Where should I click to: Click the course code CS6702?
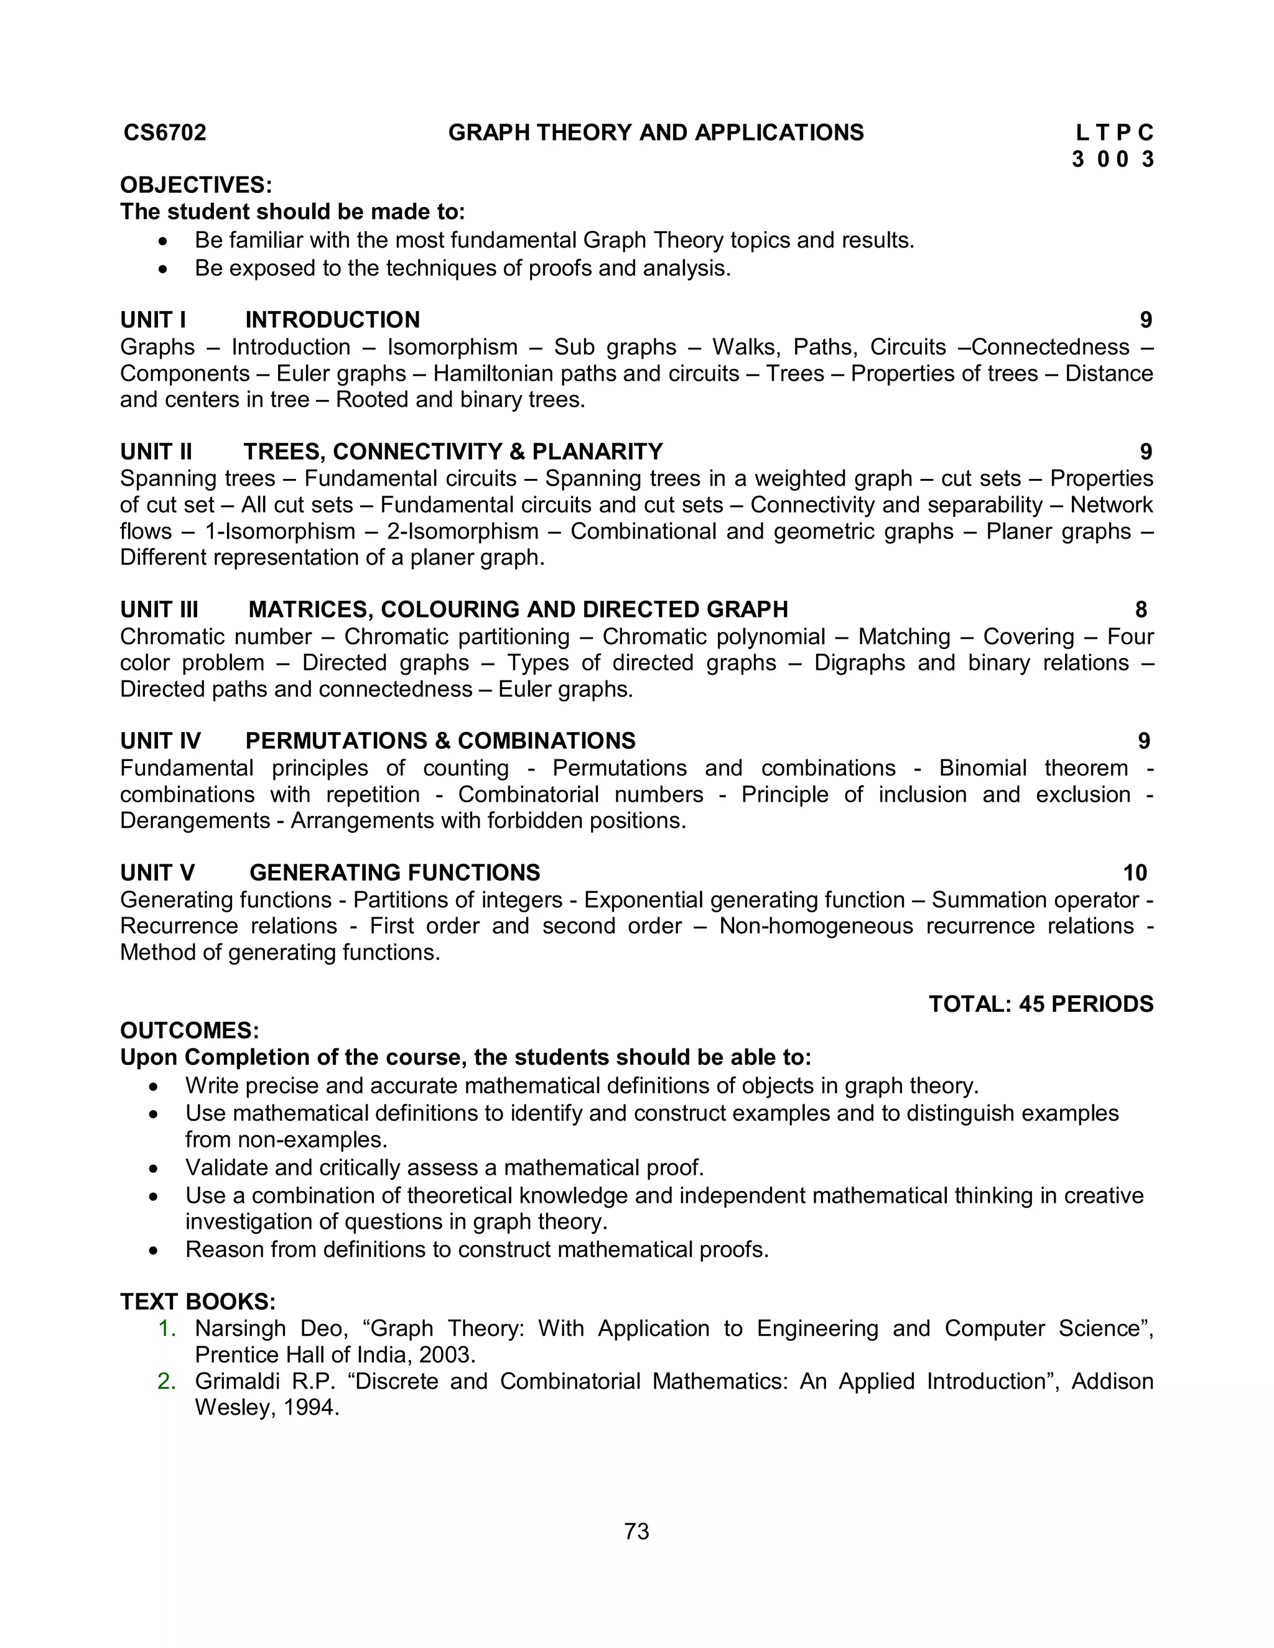click(164, 133)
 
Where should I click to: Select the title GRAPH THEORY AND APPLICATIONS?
click(656, 133)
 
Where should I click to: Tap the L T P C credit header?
click(1114, 134)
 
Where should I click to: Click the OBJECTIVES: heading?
click(196, 185)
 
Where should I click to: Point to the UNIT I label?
click(153, 320)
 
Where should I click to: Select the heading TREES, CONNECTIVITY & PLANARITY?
click(453, 452)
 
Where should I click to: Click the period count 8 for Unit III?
click(1140, 609)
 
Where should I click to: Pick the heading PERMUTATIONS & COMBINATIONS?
click(441, 741)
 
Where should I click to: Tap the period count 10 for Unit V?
click(1135, 873)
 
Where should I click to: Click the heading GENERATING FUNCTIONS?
click(395, 873)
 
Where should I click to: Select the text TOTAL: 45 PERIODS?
click(1041, 1004)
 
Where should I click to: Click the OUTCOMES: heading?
click(190, 1030)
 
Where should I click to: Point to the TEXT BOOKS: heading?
click(198, 1302)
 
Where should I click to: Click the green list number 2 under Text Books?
click(166, 1382)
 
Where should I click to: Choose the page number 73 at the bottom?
click(637, 1531)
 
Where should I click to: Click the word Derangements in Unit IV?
click(195, 821)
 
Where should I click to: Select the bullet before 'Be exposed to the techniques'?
click(163, 269)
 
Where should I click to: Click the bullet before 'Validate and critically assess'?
click(154, 1168)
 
